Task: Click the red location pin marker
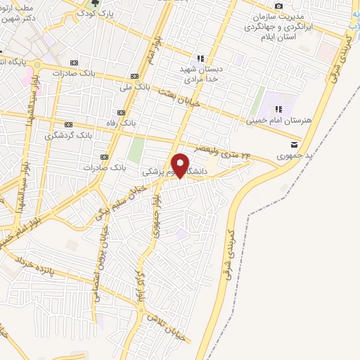(x=181, y=165)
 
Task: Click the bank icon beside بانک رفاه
(x=121, y=112)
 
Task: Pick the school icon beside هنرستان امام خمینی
(x=279, y=110)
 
